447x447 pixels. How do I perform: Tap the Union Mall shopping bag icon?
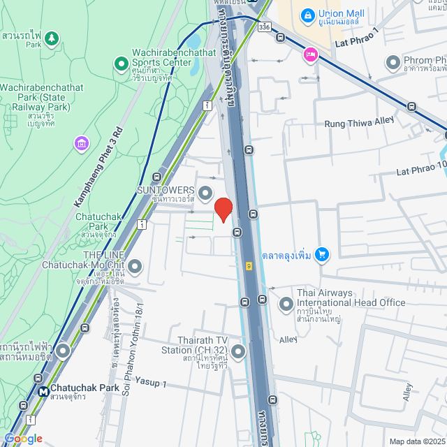(x=307, y=14)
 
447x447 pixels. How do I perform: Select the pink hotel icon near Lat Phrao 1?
(x=310, y=54)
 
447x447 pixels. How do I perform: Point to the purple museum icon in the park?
(x=82, y=144)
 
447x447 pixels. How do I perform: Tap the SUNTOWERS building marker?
(x=205, y=191)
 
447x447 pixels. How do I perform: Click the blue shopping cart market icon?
(x=322, y=254)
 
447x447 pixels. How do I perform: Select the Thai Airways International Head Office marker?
(x=286, y=304)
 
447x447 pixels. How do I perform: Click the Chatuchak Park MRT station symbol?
(x=43, y=393)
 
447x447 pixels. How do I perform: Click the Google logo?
(x=23, y=438)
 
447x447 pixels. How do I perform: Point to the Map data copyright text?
(x=416, y=441)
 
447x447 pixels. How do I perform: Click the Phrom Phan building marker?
(x=393, y=64)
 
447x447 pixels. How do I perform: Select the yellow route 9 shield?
(x=249, y=265)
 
